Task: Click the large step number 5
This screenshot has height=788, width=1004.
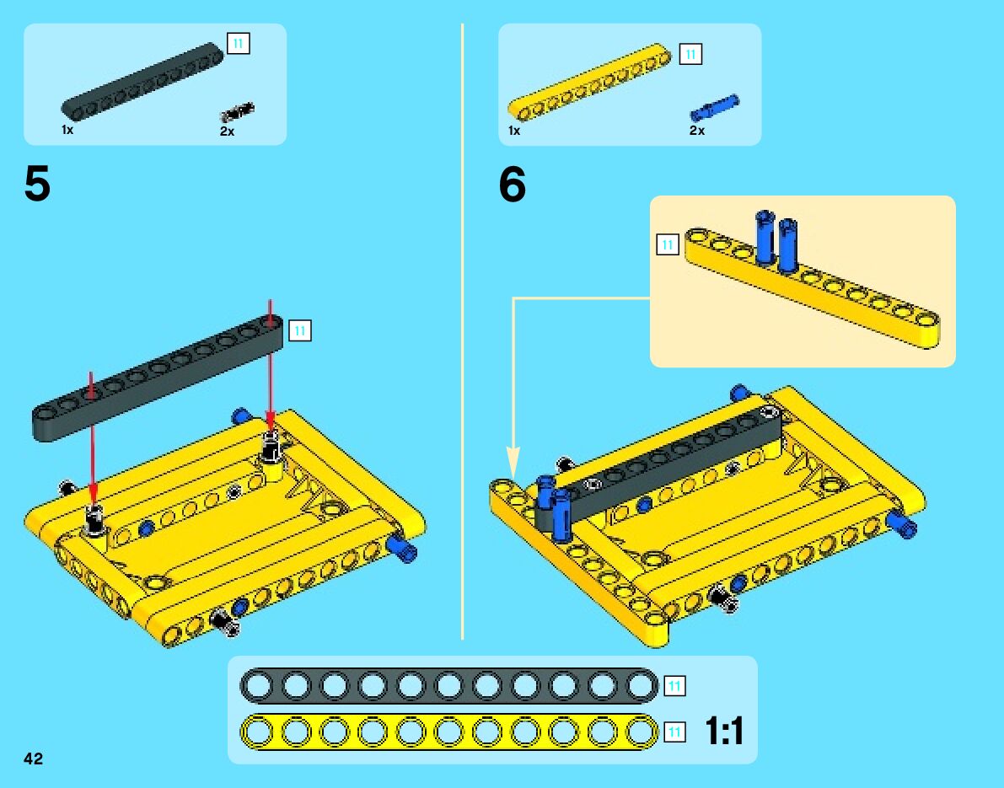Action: pos(37,184)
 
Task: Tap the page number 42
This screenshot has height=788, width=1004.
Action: pos(33,759)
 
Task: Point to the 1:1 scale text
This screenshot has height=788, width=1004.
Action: pos(724,731)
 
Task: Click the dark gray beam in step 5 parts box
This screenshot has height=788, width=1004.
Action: pos(142,81)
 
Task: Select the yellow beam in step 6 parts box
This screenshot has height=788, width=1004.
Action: pos(590,82)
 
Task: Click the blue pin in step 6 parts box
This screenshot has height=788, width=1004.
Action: pos(715,108)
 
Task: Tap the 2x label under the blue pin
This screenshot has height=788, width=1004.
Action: pos(696,131)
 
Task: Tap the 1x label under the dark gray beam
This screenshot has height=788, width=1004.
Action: pos(67,130)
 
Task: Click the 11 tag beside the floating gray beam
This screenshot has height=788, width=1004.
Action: pos(299,331)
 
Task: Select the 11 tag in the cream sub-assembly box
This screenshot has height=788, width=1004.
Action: pos(667,244)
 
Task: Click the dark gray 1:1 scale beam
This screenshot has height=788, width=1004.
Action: pos(448,685)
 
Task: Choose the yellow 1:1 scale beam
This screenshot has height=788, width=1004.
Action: pos(448,732)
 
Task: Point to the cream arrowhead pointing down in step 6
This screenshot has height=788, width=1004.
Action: pos(513,463)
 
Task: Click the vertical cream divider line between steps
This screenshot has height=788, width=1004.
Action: pos(462,331)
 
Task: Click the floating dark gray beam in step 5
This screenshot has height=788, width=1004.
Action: pos(158,377)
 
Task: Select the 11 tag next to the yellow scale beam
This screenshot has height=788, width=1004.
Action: pos(674,732)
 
